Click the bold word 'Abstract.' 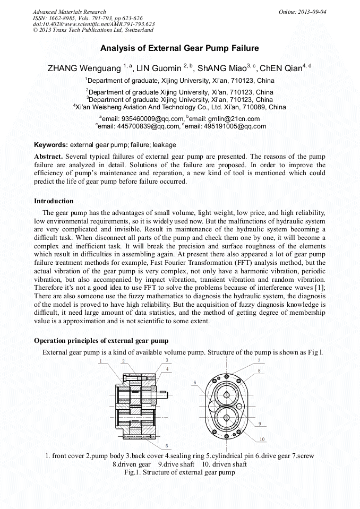pos(49,157)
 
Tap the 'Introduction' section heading pos(54,201)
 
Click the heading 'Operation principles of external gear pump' pos(101,340)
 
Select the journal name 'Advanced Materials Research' pos(69,12)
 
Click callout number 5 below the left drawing pos(167,445)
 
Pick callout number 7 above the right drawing pos(259,360)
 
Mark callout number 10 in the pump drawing pos(262,439)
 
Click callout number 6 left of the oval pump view pos(195,382)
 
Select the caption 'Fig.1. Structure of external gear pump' pos(179,471)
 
